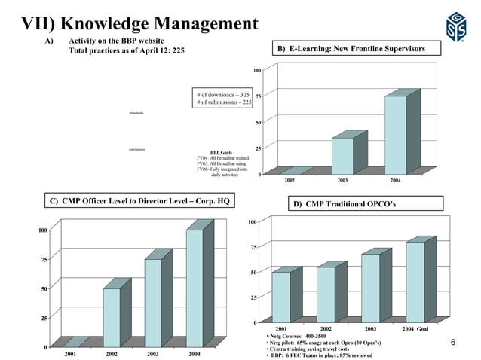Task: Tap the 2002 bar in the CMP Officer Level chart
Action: pos(111,316)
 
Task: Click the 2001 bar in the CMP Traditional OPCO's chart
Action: pos(280,297)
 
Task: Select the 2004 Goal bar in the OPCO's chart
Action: pos(415,282)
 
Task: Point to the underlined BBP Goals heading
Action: pos(221,151)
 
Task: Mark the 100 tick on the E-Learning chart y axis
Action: pos(258,70)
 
